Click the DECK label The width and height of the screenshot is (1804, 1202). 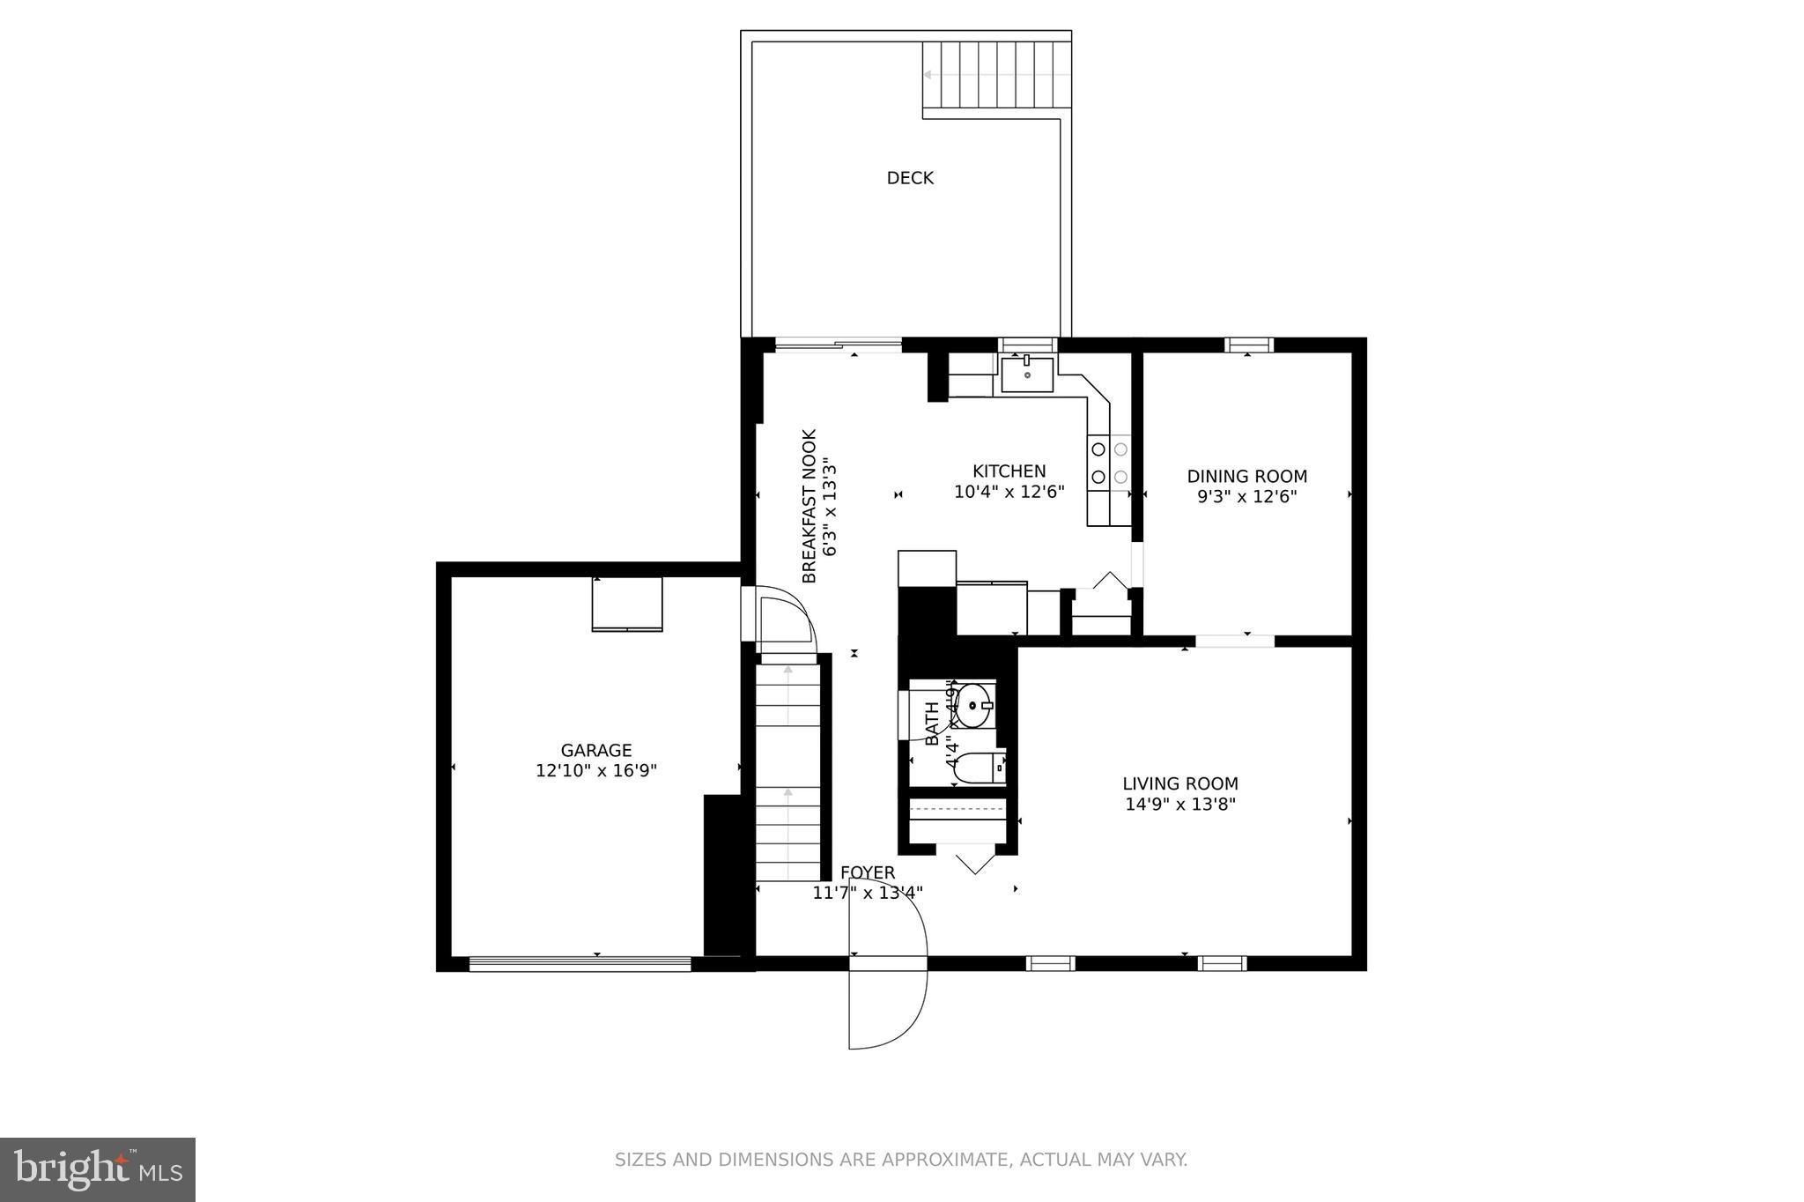point(910,178)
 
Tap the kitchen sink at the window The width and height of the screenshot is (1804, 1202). point(1027,375)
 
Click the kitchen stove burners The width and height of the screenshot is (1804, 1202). point(1109,463)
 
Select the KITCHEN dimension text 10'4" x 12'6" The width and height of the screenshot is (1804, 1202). point(1009,492)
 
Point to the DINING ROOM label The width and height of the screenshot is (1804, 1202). point(1246,477)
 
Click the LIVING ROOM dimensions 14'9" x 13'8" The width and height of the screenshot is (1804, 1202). point(1180,804)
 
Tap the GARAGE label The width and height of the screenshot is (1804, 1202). point(596,750)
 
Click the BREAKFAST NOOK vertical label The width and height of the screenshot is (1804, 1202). point(810,506)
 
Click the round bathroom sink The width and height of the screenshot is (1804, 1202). point(973,706)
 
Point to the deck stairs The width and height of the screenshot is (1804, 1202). point(996,75)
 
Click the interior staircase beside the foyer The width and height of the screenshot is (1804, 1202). point(787,767)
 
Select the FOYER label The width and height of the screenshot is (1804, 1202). point(868,872)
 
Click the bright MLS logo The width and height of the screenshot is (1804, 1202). point(98,1169)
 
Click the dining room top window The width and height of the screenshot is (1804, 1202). point(1249,345)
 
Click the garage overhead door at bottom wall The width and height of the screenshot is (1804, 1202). point(580,964)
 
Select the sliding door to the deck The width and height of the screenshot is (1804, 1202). point(838,344)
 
